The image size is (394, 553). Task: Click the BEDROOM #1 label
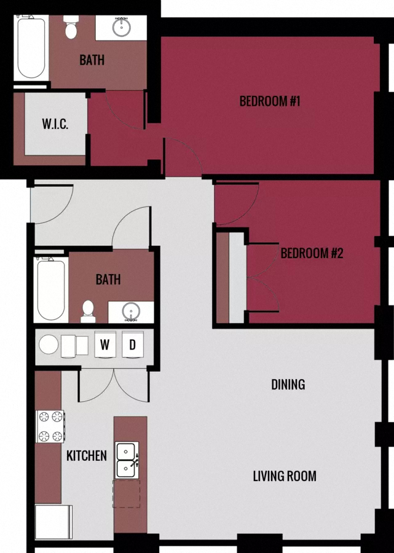(x=269, y=101)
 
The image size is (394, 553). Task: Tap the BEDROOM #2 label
(x=312, y=253)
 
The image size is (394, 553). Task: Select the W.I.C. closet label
(x=55, y=124)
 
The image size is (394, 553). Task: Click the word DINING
(x=288, y=385)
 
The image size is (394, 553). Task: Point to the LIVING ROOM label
(x=285, y=476)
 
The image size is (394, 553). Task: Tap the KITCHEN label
(x=87, y=456)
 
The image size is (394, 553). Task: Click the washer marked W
(x=105, y=345)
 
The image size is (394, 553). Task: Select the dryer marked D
(x=132, y=345)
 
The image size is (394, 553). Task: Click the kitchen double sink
(x=127, y=460)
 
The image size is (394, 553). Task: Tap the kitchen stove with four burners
(x=50, y=426)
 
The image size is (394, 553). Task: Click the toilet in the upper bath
(x=71, y=29)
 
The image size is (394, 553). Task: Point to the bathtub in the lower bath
(x=50, y=288)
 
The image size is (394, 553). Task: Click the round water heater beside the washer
(x=49, y=345)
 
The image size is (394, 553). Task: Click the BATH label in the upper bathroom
(x=92, y=60)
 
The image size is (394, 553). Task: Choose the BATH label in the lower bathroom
(x=108, y=280)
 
